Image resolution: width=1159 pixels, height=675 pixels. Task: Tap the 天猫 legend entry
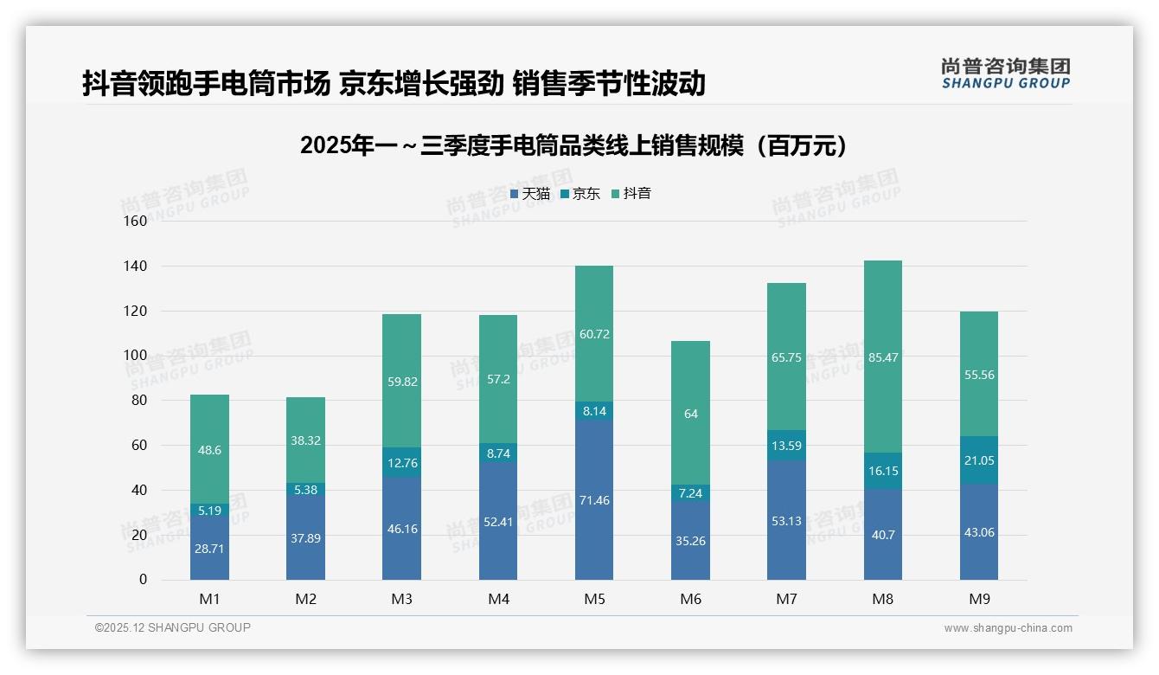[x=529, y=194]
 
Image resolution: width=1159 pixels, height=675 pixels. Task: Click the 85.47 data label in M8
[x=882, y=357]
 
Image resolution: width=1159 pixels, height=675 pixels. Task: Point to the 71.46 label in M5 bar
[x=594, y=500]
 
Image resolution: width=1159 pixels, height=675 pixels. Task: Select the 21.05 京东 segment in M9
[x=978, y=460]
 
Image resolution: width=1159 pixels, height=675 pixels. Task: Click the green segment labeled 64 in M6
[x=690, y=414]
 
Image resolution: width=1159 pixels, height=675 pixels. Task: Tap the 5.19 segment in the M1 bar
[x=209, y=511]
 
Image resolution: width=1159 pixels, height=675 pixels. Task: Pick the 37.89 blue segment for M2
[x=305, y=537]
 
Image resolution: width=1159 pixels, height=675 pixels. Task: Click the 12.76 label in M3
[x=402, y=463]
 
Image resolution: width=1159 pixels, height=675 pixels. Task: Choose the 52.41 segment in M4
[x=498, y=521]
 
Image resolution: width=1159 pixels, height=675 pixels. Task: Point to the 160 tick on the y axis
[x=136, y=222]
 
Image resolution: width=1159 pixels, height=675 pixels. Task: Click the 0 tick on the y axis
[x=143, y=580]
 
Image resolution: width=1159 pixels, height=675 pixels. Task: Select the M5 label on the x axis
[x=594, y=599]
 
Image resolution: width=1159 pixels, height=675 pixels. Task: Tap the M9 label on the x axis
[x=978, y=599]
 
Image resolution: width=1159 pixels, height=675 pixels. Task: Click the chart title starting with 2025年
[x=573, y=146]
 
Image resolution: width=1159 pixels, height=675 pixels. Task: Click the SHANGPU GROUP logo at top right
[x=1005, y=74]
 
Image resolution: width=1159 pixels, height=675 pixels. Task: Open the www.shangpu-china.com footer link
[x=1008, y=628]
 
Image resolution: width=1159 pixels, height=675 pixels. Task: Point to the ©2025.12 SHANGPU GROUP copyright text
[x=173, y=628]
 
